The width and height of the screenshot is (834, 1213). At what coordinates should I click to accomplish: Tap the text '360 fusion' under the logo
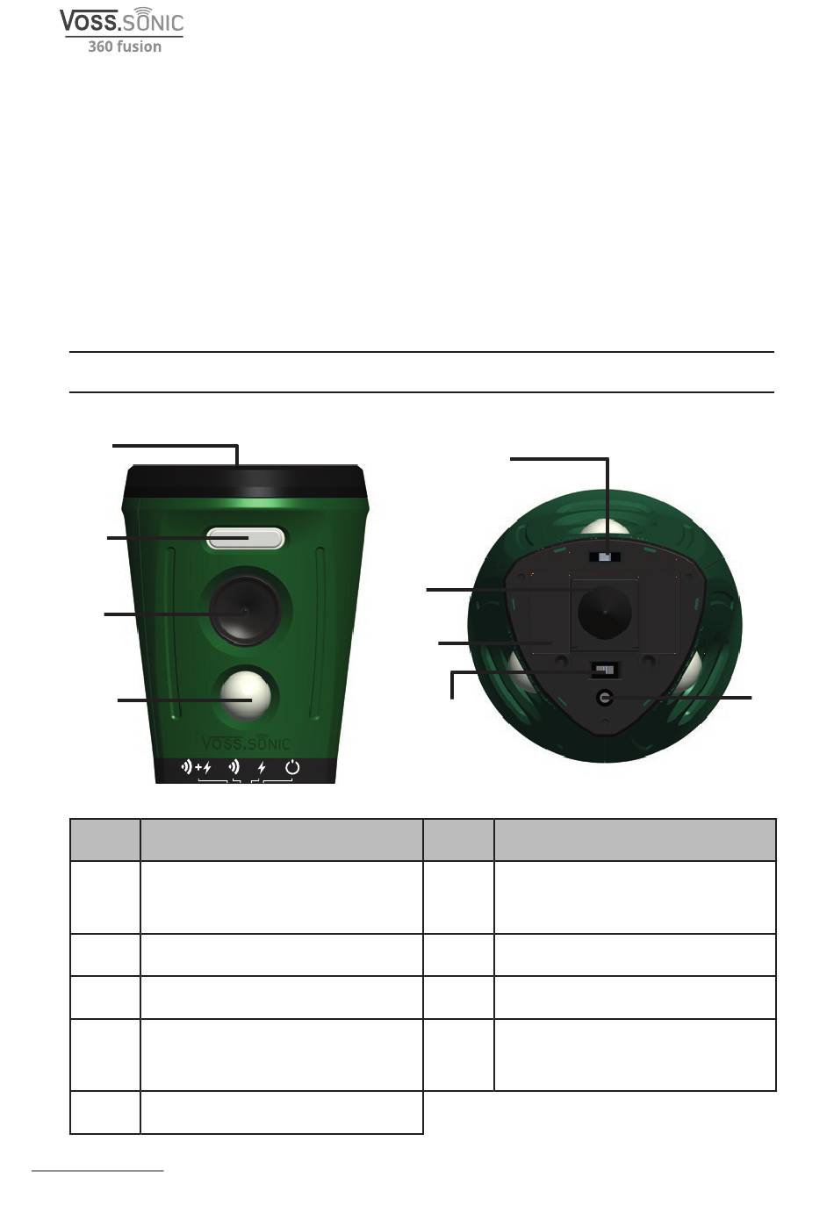(125, 47)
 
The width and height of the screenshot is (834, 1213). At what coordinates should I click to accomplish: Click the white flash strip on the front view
(245, 538)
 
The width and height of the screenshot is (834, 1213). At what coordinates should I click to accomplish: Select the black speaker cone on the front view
(245, 611)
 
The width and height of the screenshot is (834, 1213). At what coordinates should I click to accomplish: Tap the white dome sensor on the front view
(246, 695)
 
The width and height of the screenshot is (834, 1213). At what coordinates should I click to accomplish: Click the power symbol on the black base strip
(292, 767)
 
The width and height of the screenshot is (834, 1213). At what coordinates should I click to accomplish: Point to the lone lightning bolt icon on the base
(262, 768)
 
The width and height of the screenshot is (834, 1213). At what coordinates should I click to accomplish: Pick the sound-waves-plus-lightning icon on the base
(196, 767)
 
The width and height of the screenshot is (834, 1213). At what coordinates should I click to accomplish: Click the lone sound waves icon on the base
(234, 767)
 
